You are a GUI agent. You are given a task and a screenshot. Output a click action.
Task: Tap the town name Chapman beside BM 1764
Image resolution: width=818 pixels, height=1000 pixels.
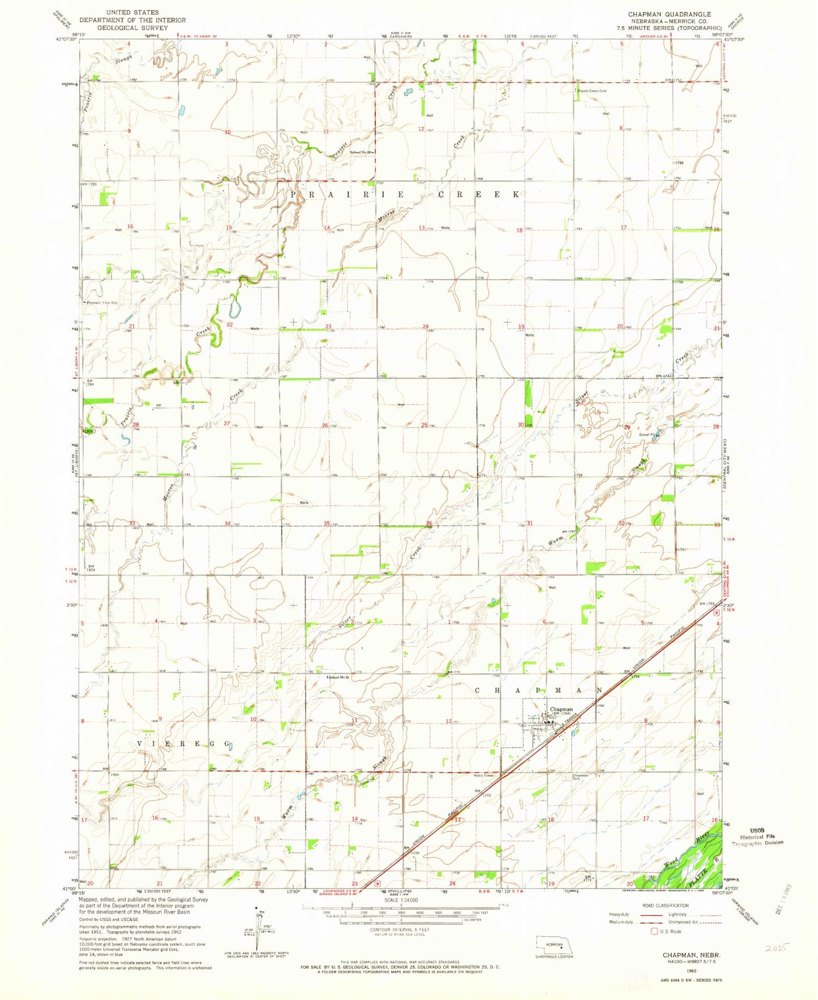[x=561, y=709]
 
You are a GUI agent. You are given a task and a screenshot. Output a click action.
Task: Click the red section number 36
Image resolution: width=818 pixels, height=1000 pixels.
[x=429, y=523]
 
